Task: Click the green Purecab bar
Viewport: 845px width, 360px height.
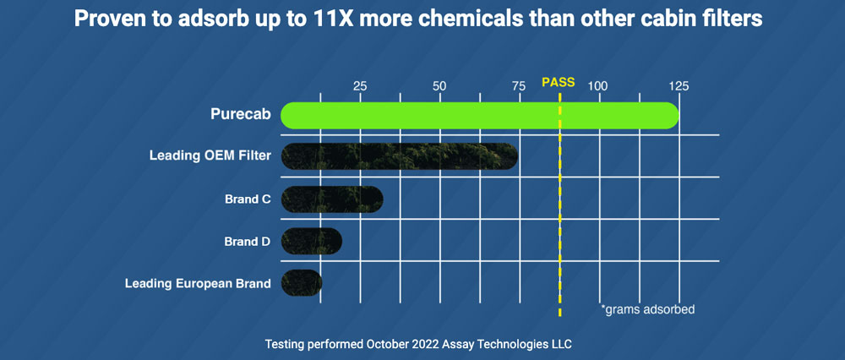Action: [x=479, y=116]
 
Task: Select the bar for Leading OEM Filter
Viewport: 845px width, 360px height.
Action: [x=399, y=156]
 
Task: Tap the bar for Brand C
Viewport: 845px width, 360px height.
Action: [x=331, y=199]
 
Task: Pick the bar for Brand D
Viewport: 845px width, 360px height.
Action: [x=311, y=241]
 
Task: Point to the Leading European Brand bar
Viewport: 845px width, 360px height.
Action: [x=301, y=282]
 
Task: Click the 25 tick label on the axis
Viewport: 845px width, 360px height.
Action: [x=360, y=86]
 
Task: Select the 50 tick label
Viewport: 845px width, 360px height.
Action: [x=439, y=86]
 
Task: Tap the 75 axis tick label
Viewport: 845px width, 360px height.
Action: [x=519, y=86]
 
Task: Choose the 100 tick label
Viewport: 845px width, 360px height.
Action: [x=598, y=86]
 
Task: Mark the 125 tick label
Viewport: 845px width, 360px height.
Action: [x=679, y=86]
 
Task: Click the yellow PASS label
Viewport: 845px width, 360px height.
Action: [x=558, y=83]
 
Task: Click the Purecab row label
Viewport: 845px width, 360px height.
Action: [x=241, y=115]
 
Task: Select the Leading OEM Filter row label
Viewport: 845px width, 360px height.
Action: [x=210, y=156]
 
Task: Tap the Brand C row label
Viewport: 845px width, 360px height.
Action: [x=248, y=199]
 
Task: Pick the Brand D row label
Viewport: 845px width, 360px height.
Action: [x=248, y=241]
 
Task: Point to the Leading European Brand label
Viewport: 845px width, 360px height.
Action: [x=198, y=283]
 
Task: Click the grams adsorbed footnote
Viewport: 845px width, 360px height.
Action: [x=647, y=309]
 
